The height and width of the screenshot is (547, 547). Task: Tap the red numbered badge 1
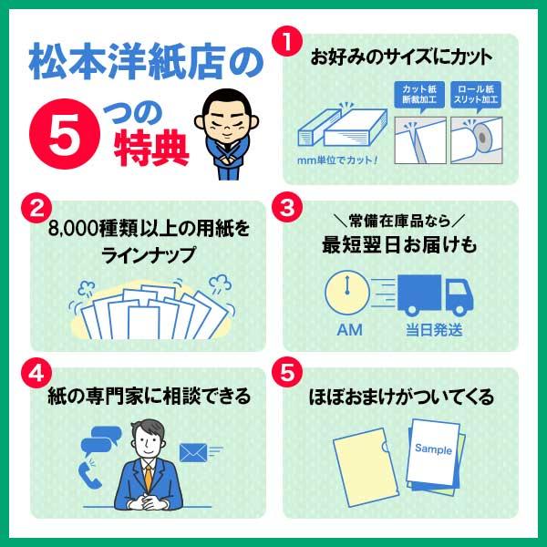point(288,41)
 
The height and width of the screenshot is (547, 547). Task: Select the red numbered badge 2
point(37,207)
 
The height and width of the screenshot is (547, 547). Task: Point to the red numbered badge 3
point(288,207)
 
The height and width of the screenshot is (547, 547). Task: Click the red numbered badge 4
point(37,374)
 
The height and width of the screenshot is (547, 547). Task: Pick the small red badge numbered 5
point(288,374)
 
